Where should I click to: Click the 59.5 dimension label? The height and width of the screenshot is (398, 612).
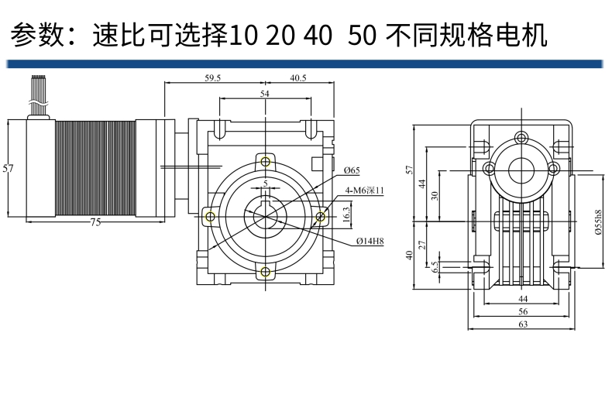click(212, 78)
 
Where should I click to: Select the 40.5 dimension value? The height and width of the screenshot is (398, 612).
click(298, 78)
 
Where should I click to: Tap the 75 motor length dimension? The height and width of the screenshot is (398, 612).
click(95, 222)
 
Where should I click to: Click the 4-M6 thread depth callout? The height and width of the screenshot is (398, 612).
click(364, 190)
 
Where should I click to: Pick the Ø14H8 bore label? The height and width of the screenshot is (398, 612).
click(370, 242)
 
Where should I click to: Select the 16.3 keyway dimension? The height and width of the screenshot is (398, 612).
click(346, 213)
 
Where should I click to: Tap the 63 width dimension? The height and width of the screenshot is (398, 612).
click(523, 325)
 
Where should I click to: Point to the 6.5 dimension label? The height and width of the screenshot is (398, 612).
click(435, 265)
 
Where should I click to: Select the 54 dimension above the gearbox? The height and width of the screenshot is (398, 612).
click(265, 94)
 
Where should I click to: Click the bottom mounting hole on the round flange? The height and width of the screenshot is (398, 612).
click(266, 271)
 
